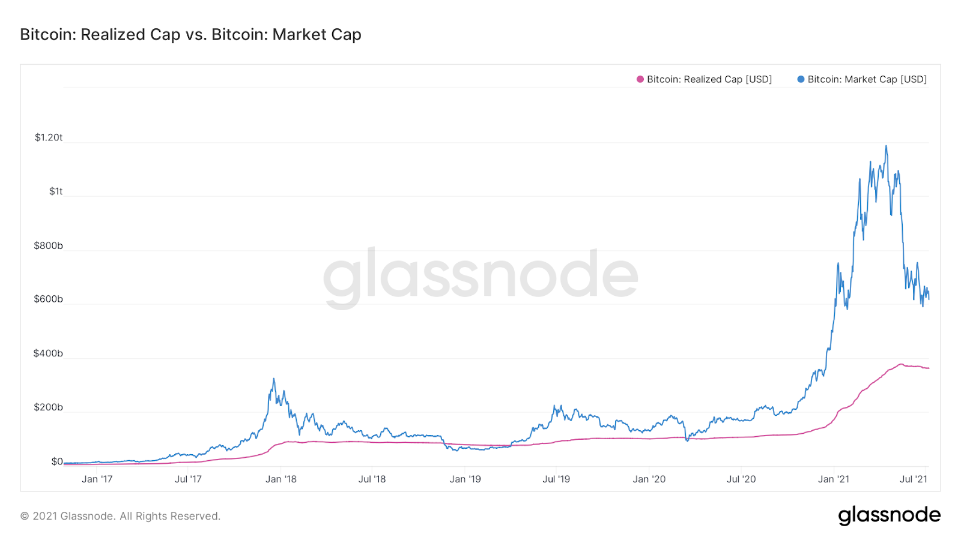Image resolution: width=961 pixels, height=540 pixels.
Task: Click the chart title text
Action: (x=190, y=35)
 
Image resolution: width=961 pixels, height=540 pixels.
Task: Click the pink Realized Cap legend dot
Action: (x=640, y=79)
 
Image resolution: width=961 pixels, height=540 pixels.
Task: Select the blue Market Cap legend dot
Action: (x=801, y=79)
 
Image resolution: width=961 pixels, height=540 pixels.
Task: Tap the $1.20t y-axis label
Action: (x=49, y=137)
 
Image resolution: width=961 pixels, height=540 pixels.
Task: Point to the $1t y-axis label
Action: (x=56, y=191)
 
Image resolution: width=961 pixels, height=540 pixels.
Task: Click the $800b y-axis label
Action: (x=48, y=245)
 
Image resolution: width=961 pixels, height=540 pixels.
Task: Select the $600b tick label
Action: (x=48, y=299)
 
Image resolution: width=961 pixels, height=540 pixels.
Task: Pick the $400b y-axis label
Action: (x=48, y=353)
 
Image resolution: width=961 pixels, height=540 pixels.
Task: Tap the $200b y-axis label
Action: (x=48, y=407)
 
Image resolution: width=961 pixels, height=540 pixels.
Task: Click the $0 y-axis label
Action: (x=57, y=461)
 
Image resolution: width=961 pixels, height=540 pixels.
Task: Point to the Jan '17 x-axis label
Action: (x=97, y=479)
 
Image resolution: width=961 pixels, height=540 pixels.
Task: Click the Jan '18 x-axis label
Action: (x=281, y=479)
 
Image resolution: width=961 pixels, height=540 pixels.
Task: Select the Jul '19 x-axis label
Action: (x=556, y=479)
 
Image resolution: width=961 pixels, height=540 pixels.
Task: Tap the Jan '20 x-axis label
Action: (x=649, y=479)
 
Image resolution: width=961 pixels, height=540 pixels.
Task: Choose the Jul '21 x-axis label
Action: (x=914, y=479)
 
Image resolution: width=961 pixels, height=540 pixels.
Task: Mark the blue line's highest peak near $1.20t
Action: (x=886, y=146)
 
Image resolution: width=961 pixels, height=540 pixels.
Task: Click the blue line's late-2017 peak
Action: (x=274, y=379)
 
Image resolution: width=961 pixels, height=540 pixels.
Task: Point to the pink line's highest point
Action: (x=900, y=364)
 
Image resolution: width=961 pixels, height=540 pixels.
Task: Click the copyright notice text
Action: (x=120, y=516)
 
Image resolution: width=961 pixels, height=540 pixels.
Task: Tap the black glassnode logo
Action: (x=890, y=515)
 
